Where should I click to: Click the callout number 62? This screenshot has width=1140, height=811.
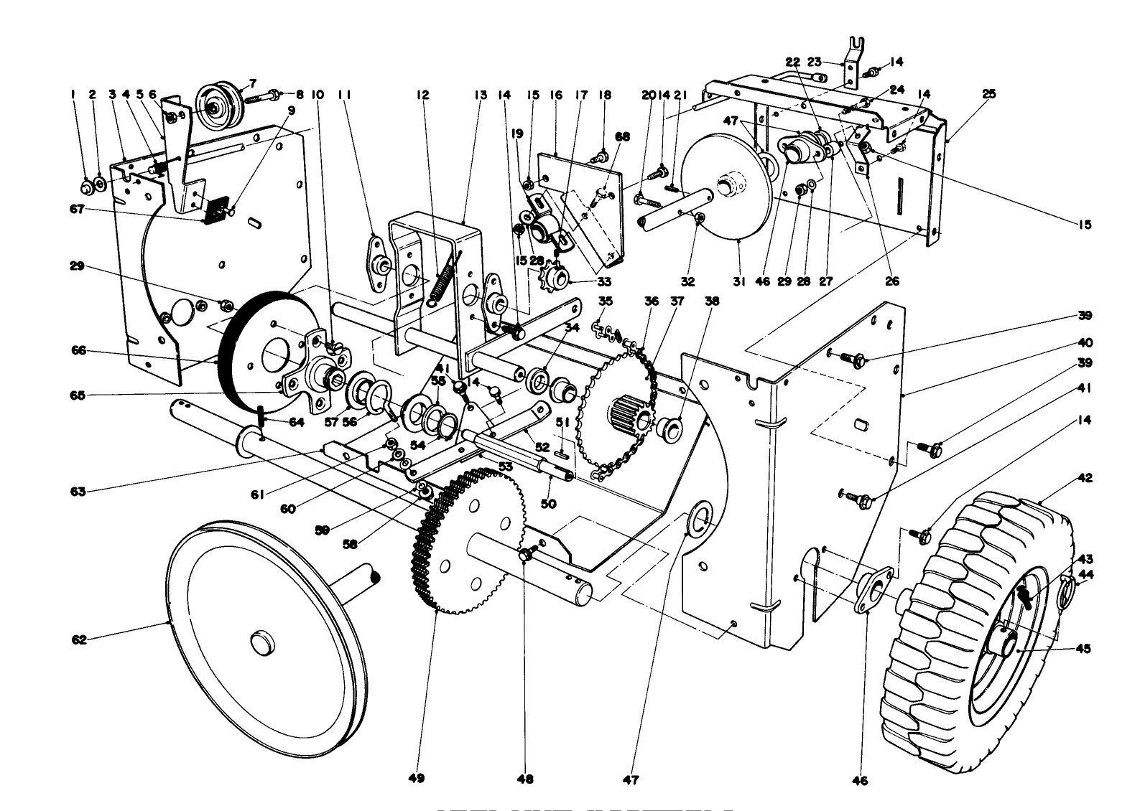[x=79, y=639]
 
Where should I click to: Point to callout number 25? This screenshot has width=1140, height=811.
[x=989, y=94]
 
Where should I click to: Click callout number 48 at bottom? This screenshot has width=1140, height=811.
[x=526, y=779]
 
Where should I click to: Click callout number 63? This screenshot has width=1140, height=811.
[x=78, y=492]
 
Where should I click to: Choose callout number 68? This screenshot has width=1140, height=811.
[x=622, y=137]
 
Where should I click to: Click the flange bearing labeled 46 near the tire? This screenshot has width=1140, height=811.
[x=872, y=589]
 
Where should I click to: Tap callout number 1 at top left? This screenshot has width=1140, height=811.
[x=73, y=94]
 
